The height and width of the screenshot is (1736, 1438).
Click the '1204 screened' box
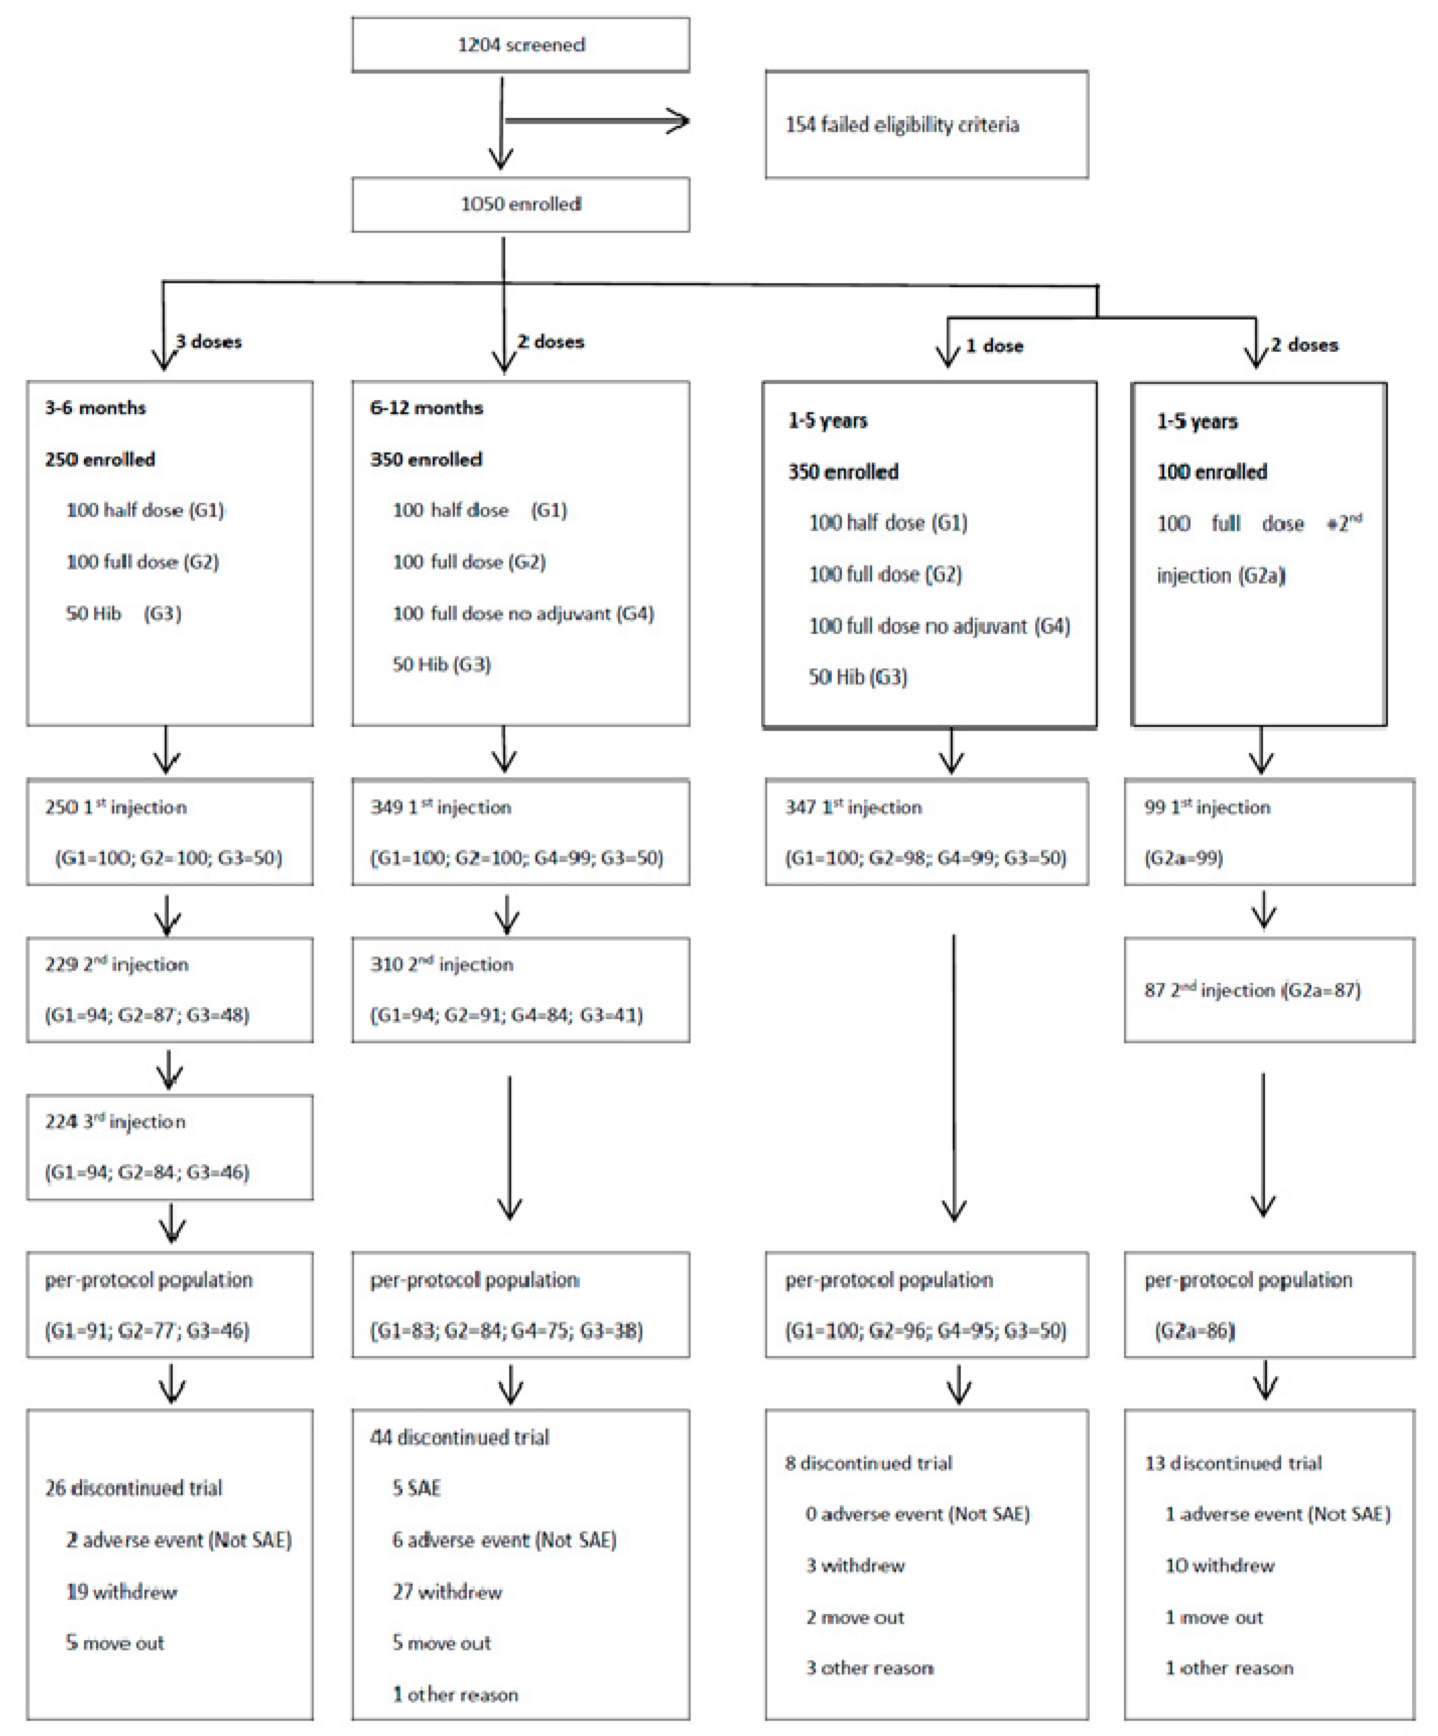pos(521,45)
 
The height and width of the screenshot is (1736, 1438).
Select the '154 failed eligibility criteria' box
pos(926,125)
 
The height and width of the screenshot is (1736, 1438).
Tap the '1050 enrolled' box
pos(521,204)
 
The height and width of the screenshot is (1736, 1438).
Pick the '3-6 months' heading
pos(96,407)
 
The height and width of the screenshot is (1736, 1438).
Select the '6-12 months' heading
pos(426,407)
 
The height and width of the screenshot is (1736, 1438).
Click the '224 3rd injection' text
pos(116,1122)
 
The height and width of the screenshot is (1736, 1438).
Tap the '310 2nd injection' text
pos(442,965)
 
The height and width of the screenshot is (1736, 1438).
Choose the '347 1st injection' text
pos(854,808)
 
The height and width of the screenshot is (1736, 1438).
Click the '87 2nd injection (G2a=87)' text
pos(1252,990)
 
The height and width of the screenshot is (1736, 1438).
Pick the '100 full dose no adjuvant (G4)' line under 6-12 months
pos(523,613)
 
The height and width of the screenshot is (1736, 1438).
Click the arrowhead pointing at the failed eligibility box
pos(679,122)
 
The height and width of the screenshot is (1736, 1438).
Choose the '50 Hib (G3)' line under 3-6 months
pos(124,613)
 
